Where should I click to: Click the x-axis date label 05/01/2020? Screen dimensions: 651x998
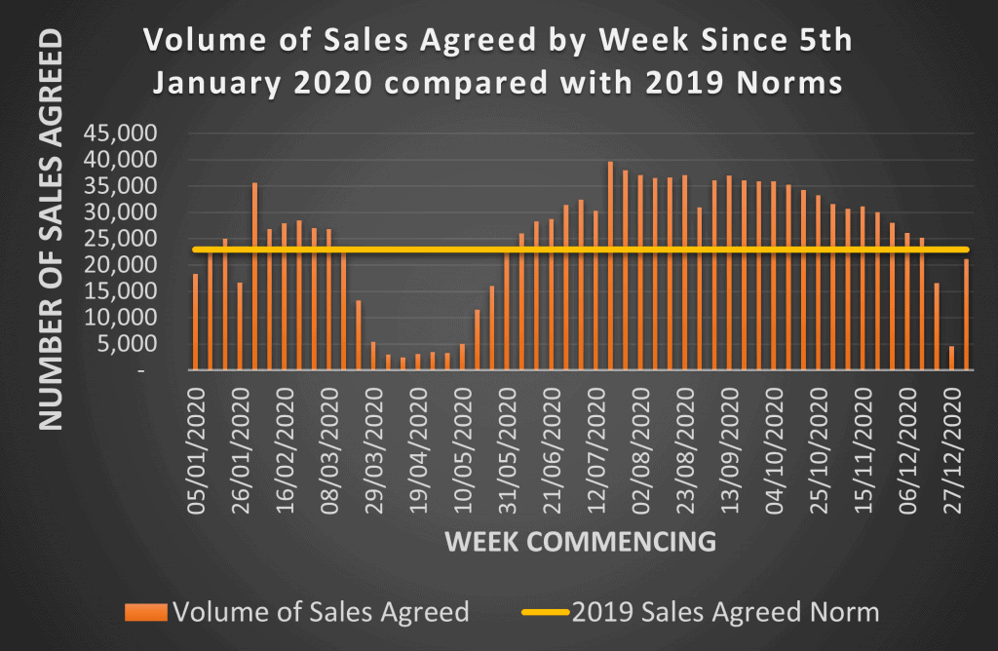(198, 448)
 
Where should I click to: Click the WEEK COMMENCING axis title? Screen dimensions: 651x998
(581, 542)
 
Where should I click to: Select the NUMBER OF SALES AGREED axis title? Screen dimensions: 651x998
(51, 230)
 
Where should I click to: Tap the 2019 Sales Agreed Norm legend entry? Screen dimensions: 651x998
(726, 612)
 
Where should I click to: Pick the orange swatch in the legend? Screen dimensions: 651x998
(146, 613)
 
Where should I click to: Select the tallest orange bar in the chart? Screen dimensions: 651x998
(610, 265)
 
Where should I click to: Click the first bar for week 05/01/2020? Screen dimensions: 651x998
(195, 322)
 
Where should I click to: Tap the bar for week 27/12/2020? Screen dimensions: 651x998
(952, 358)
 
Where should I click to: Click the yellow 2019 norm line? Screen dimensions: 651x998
(585, 250)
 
